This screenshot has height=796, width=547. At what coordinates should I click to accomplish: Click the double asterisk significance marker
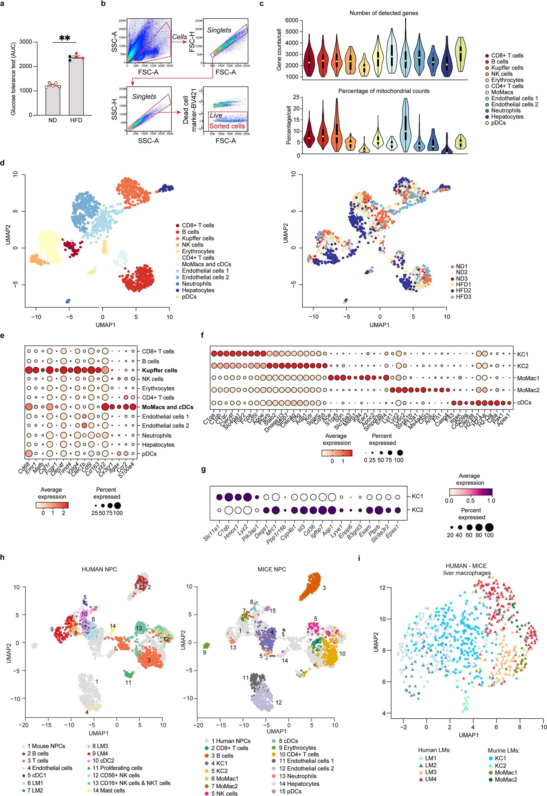tap(65, 38)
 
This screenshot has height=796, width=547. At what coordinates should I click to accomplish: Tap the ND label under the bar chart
tap(52, 120)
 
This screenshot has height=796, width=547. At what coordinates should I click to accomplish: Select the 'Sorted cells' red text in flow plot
tap(227, 126)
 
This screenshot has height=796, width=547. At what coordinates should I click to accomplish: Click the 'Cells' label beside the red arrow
tap(180, 37)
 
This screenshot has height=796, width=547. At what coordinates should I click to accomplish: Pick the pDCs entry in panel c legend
tap(498, 123)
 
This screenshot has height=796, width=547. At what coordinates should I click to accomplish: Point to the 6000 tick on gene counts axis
tap(291, 20)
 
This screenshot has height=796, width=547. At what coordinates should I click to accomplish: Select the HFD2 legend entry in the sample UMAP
tap(463, 290)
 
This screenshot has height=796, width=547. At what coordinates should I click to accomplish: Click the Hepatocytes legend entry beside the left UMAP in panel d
tap(198, 290)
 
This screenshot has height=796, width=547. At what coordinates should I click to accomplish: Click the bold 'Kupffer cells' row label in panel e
tap(160, 371)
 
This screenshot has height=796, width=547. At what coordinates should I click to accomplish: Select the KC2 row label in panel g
tap(417, 510)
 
